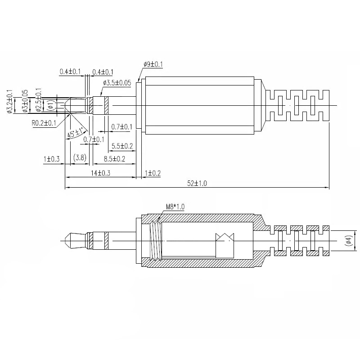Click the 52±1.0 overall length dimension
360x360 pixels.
pyautogui.click(x=197, y=183)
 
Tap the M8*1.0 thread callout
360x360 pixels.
pyautogui.click(x=175, y=207)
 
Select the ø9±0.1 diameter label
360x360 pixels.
pyautogui.click(x=153, y=64)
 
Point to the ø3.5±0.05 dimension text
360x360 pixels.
pyautogui.click(x=117, y=83)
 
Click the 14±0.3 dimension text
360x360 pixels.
pyautogui.click(x=100, y=173)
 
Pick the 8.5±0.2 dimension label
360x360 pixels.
pyautogui.click(x=114, y=159)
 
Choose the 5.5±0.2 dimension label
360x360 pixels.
pyautogui.click(x=122, y=146)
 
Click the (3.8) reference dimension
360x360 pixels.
pyautogui.click(x=80, y=158)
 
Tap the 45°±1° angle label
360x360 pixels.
pyautogui.click(x=76, y=133)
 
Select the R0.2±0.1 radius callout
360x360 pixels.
pyautogui.click(x=44, y=123)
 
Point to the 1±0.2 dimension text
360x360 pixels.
pyautogui.click(x=153, y=173)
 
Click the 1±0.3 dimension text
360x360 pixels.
pyautogui.click(x=51, y=159)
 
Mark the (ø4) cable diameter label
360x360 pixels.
pyautogui.click(x=349, y=241)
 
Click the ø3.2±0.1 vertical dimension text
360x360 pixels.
pyautogui.click(x=10, y=101)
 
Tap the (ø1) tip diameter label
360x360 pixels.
pyautogui.click(x=51, y=106)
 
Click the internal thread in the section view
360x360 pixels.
pyautogui.click(x=156, y=241)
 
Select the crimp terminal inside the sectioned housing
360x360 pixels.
pyautogui.click(x=225, y=245)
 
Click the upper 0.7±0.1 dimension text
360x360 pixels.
pyautogui.click(x=121, y=127)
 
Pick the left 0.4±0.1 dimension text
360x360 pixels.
pyautogui.click(x=70, y=72)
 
